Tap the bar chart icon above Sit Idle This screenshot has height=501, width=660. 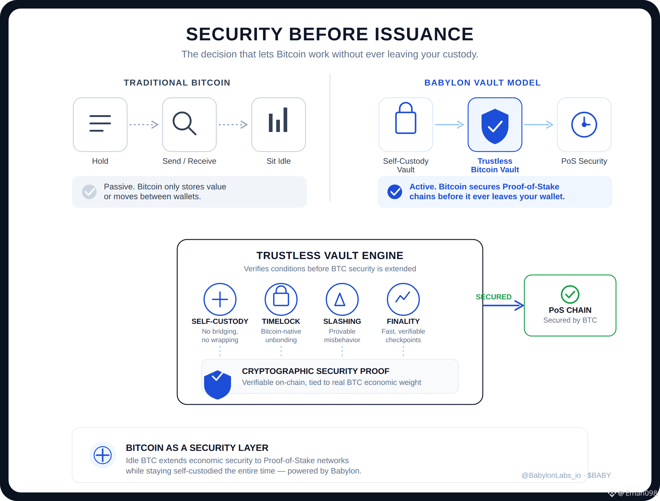tap(278, 120)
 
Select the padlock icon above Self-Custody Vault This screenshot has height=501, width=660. tap(406, 118)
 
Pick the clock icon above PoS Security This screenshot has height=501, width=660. tap(584, 125)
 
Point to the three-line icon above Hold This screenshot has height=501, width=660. tap(100, 123)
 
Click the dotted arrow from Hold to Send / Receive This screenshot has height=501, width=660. tap(144, 125)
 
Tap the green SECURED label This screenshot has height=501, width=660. tap(493, 297)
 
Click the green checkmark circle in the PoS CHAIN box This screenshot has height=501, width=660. tap(570, 294)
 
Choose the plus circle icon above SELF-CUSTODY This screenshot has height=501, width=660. tap(220, 299)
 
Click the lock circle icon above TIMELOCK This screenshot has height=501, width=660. tap(281, 299)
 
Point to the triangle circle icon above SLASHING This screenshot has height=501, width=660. tap(342, 299)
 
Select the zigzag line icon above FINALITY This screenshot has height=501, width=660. tap(403, 297)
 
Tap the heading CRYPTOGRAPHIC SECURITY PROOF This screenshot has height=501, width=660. tap(316, 371)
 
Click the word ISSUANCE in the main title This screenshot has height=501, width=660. tap(424, 34)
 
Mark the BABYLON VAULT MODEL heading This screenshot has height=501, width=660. tap(482, 83)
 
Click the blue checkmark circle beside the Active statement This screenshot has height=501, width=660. tap(395, 192)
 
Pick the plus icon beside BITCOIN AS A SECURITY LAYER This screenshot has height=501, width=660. tap(103, 455)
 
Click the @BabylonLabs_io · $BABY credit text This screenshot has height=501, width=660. tap(566, 475)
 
